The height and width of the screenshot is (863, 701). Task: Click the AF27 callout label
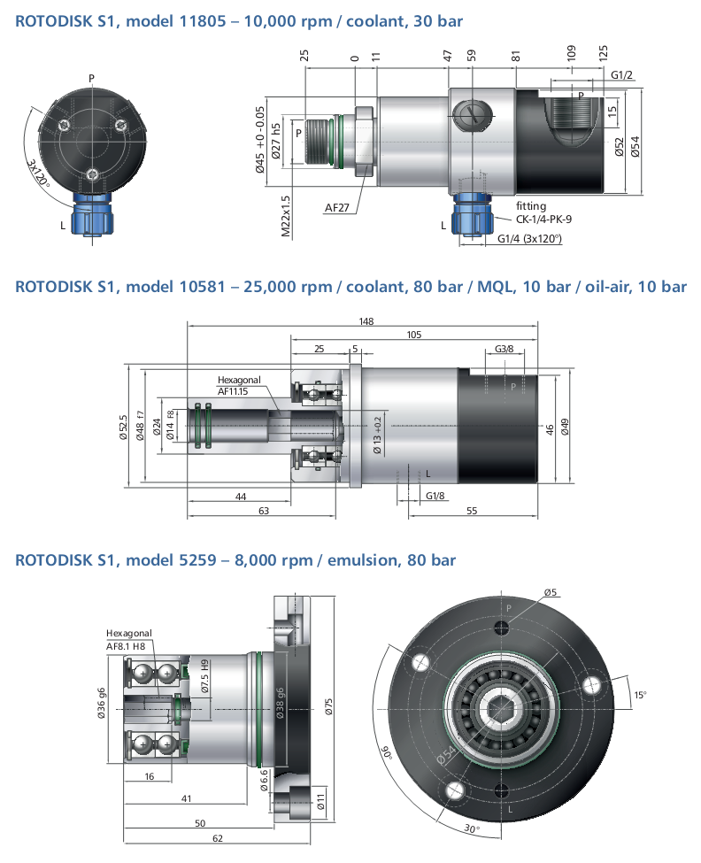pyautogui.click(x=336, y=208)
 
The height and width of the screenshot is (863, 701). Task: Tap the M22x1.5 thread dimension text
pyautogui.click(x=286, y=216)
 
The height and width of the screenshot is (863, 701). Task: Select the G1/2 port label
pyautogui.click(x=621, y=75)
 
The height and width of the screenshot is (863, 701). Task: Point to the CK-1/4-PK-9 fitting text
pyautogui.click(x=543, y=219)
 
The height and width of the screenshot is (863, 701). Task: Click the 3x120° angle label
pyautogui.click(x=39, y=173)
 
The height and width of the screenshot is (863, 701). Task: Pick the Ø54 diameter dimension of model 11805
pyautogui.click(x=636, y=147)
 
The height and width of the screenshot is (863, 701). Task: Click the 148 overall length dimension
pyautogui.click(x=366, y=321)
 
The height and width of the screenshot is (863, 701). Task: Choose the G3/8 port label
pyautogui.click(x=504, y=349)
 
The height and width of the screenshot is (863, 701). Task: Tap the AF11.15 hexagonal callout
pyautogui.click(x=233, y=391)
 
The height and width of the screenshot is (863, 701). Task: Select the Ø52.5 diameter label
pyautogui.click(x=124, y=428)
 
